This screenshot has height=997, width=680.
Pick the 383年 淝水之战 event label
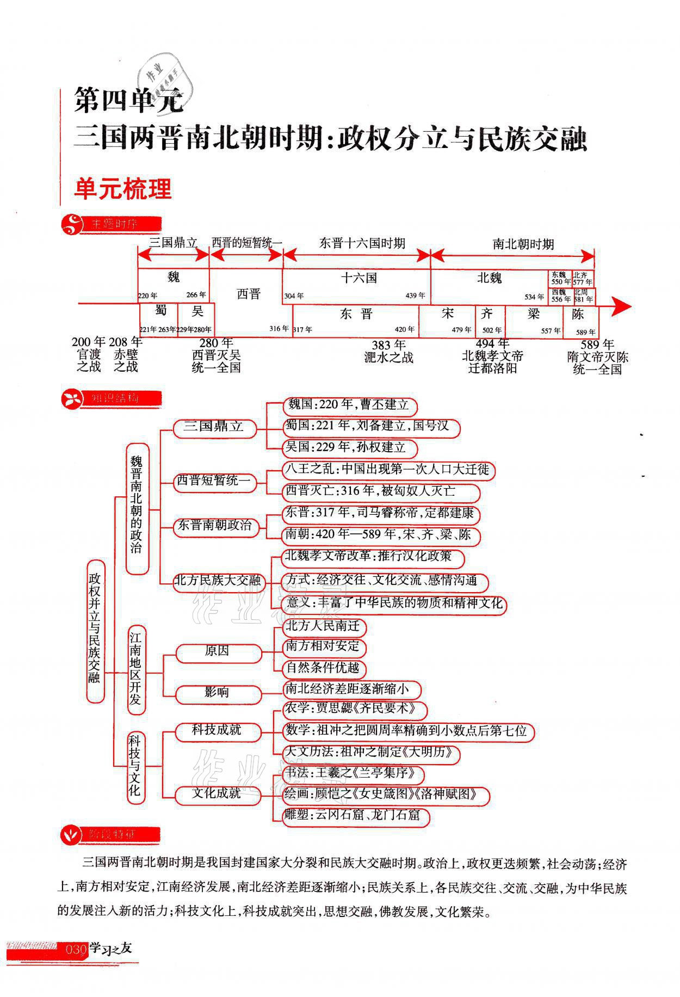click(x=388, y=351)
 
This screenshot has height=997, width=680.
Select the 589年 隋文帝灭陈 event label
click(x=597, y=357)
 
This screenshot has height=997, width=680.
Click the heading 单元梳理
click(x=123, y=189)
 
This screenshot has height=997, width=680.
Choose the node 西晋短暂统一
click(x=213, y=481)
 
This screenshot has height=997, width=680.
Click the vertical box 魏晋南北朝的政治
click(x=137, y=509)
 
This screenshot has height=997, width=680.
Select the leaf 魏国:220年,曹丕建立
click(x=349, y=405)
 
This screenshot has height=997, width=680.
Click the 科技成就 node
click(x=217, y=730)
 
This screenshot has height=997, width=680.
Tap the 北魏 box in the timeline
click(x=489, y=279)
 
